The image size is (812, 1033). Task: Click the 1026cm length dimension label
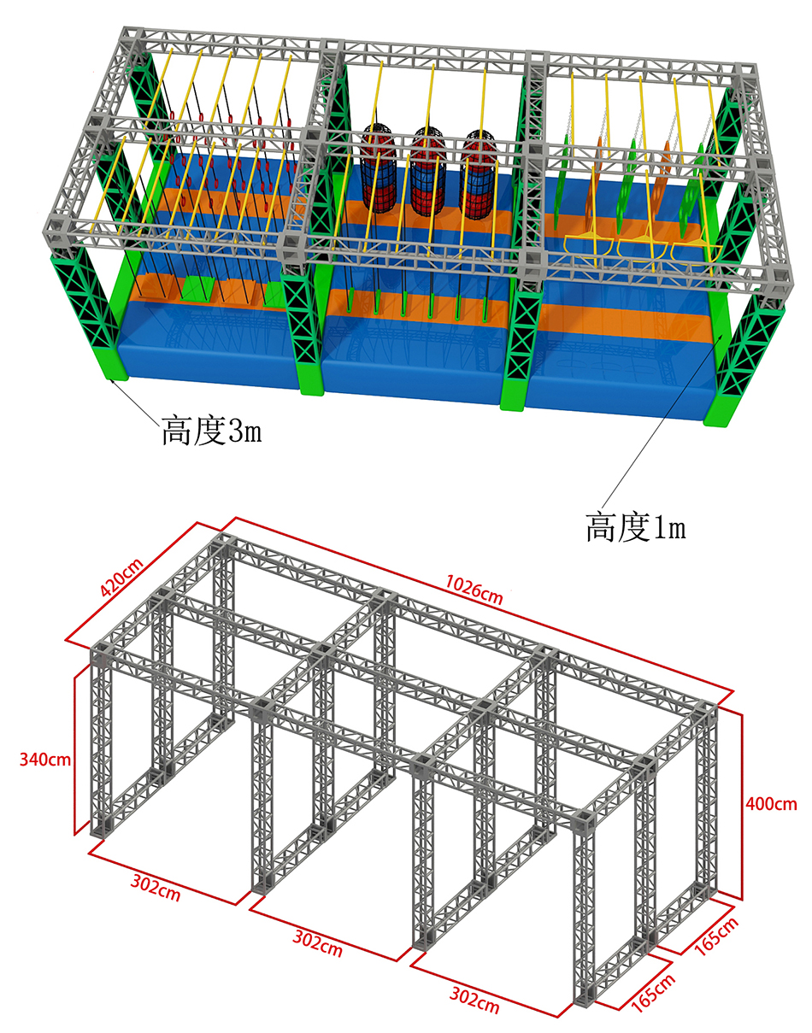pyautogui.click(x=474, y=590)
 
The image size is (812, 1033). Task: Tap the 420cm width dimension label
pyautogui.click(x=121, y=578)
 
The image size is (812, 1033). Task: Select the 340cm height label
pyautogui.click(x=44, y=760)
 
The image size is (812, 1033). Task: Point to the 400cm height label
pyautogui.click(x=771, y=803)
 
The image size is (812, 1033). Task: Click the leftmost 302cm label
pyautogui.click(x=156, y=888)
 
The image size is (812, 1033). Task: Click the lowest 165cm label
pyautogui.click(x=653, y=993)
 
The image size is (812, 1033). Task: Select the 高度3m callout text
pyautogui.click(x=212, y=431)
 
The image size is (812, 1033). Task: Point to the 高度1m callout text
pyautogui.click(x=636, y=526)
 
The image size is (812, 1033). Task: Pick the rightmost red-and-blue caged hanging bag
pyautogui.click(x=479, y=175)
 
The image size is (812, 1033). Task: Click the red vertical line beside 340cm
pyautogui.click(x=75, y=753)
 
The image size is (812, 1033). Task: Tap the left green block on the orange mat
pyautogui.click(x=196, y=289)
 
